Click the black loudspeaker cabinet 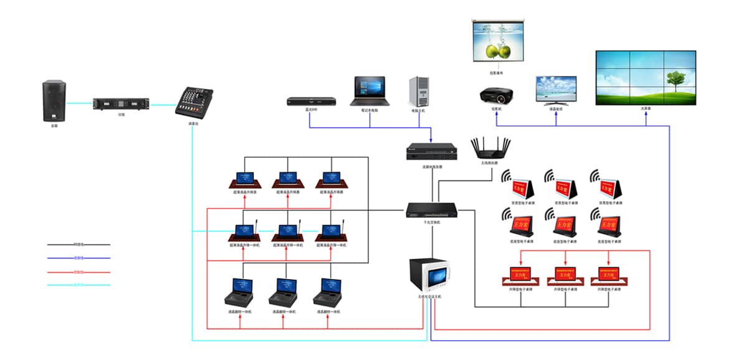click(54, 101)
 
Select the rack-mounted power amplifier click(121, 103)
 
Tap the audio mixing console click(194, 102)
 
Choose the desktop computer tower click(419, 92)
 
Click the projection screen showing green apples click(497, 40)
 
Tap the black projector click(496, 95)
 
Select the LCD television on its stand click(556, 90)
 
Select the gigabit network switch click(432, 211)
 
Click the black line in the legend click(78, 245)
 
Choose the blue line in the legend click(78, 258)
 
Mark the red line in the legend click(78, 272)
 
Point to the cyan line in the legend click(78, 285)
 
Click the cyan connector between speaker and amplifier click(79, 104)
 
